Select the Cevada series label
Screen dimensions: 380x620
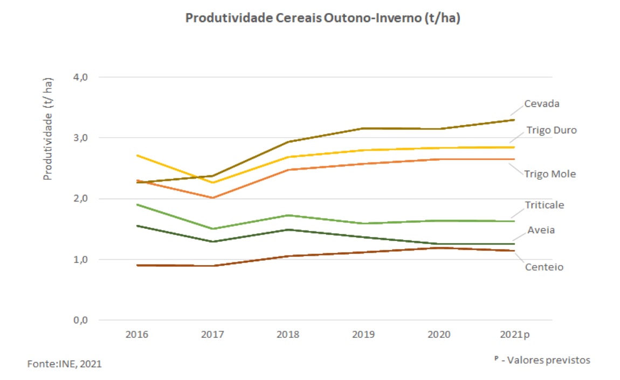coord(542,104)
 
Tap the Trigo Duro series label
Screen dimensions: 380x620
coord(551,130)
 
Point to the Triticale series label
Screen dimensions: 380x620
coord(545,205)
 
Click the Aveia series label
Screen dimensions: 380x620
coord(541,230)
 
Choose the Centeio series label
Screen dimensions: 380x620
coord(544,267)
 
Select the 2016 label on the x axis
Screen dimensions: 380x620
coord(137,335)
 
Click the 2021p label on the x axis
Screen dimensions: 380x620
coord(515,335)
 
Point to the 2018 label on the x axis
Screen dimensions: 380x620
coord(288,335)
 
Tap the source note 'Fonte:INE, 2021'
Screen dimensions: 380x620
coord(64,364)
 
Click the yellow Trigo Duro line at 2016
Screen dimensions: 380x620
coord(137,155)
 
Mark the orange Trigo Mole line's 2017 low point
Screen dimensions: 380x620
coord(212,198)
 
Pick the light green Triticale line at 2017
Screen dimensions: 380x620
coord(212,229)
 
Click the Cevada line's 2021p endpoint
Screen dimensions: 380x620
coord(514,120)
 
